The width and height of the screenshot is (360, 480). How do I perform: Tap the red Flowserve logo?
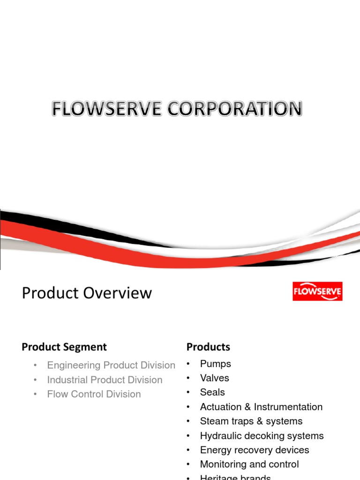317,292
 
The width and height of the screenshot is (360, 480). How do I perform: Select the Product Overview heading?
87,293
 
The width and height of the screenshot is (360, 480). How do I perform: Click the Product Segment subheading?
64,347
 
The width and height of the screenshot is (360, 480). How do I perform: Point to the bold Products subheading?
208,347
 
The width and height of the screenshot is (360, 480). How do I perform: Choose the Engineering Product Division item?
111,365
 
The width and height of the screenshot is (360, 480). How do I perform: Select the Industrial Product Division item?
105,380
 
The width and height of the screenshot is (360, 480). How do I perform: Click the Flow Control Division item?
94,394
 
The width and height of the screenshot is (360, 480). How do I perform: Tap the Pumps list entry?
215,364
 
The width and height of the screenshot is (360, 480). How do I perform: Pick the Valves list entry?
214,378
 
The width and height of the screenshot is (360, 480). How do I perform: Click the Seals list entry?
212,392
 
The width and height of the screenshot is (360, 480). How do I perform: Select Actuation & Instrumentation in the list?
261,407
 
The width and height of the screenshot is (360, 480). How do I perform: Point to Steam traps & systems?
251,421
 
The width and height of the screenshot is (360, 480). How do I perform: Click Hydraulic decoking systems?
262,436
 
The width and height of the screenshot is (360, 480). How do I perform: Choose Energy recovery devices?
255,450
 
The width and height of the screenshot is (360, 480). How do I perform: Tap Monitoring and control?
249,465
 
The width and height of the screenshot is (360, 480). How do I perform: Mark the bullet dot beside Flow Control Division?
36,395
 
